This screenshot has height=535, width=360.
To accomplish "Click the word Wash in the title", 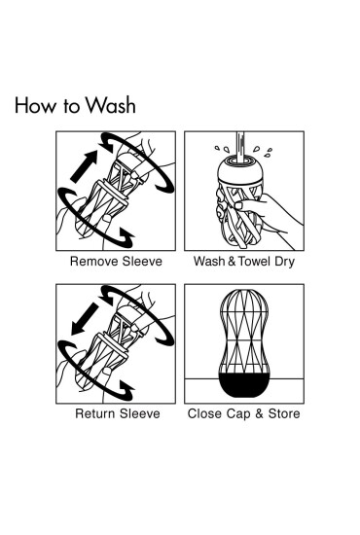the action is [111, 105].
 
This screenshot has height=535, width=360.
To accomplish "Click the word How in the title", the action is [35, 105].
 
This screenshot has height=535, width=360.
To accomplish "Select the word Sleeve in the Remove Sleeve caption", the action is [142, 262].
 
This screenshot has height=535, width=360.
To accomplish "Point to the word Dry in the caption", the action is [284, 262].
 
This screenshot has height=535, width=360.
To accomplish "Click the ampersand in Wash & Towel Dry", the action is [232, 262].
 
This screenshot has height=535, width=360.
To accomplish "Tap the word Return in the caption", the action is [96, 413].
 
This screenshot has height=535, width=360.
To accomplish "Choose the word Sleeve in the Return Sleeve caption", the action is [140, 413].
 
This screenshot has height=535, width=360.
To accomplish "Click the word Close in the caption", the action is [205, 413].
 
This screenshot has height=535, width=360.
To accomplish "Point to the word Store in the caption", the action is [284, 413].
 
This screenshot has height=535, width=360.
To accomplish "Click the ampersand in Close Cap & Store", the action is [260, 413].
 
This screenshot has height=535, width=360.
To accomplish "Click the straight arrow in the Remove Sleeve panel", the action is [85, 166].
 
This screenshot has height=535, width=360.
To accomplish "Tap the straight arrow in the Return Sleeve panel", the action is [85, 319].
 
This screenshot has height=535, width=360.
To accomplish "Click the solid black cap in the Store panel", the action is [244, 385].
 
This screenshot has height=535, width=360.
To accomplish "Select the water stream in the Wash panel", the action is [240, 147].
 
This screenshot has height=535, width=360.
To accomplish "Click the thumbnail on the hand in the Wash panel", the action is [238, 206].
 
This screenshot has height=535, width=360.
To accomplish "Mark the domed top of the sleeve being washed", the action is [240, 169].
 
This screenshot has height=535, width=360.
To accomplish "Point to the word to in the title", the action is [71, 106].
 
